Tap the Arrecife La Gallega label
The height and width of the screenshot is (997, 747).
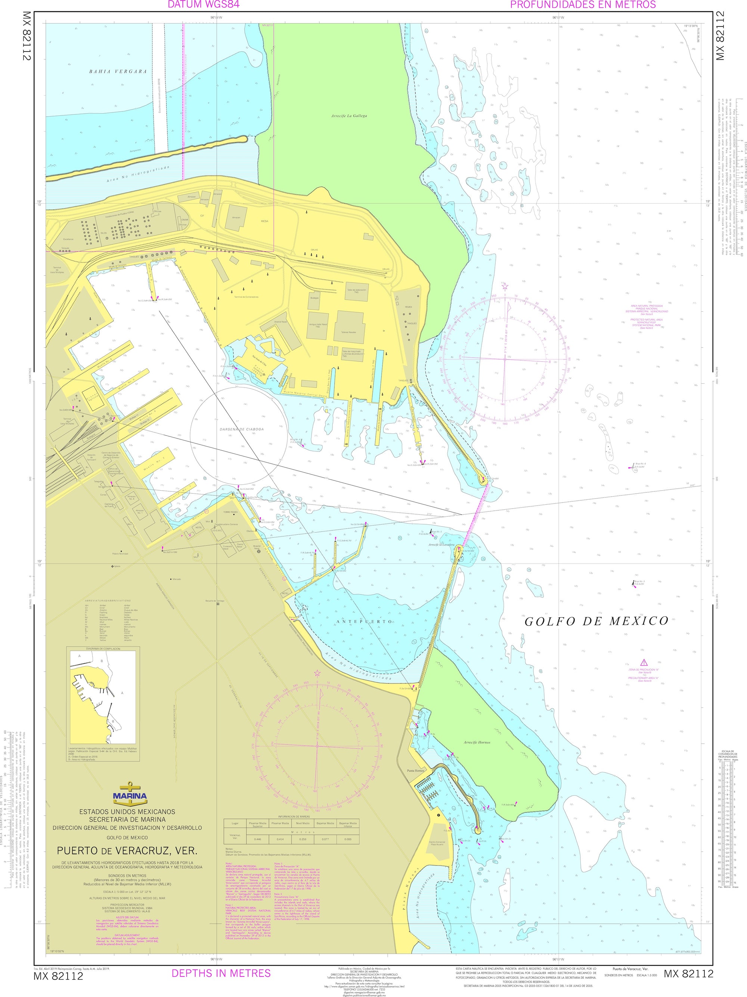[x=349, y=116]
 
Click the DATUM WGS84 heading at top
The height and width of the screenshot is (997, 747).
[x=203, y=4]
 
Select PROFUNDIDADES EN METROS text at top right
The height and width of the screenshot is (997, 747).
[x=583, y=4]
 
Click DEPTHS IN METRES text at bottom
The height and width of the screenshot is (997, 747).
[x=221, y=973]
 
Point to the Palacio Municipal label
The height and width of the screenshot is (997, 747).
[x=120, y=553]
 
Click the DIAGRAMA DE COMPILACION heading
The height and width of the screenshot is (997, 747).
[x=103, y=649]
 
